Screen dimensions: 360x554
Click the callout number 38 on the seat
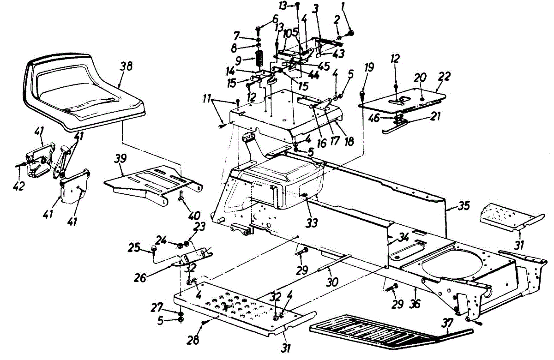(126, 66)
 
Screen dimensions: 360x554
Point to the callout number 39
(120, 159)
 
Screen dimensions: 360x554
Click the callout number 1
(343, 6)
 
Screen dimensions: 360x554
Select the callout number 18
(349, 142)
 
